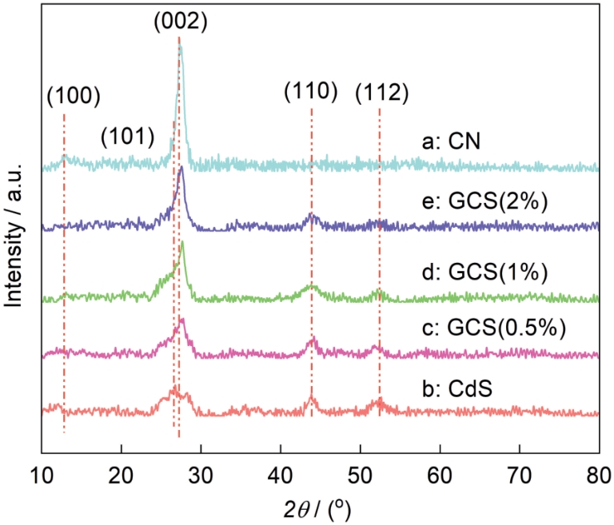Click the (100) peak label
coord(74,96)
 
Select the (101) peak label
coord(127,137)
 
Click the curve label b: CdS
coord(456,390)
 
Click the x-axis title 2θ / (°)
coord(320,507)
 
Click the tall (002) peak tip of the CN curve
coord(181,47)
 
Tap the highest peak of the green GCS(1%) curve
coord(183,242)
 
